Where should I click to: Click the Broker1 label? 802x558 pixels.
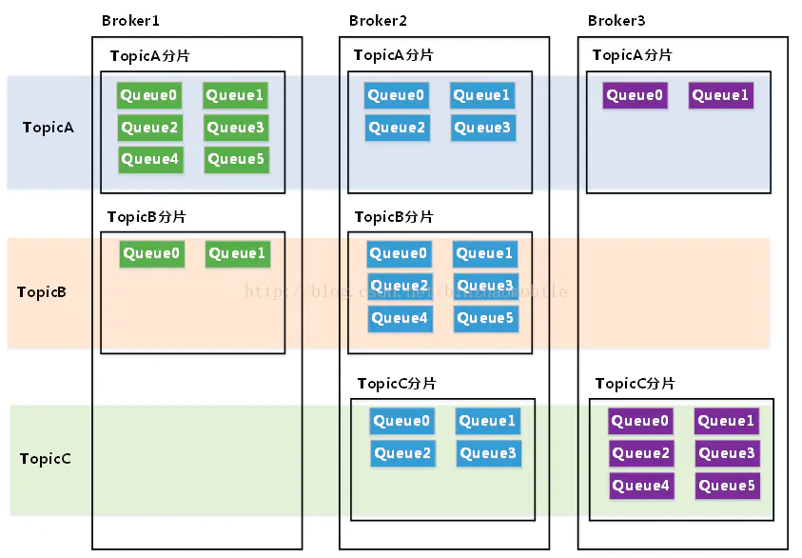tap(129, 21)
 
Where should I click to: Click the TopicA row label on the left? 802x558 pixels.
tap(49, 128)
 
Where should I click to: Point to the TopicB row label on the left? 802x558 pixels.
tap(42, 292)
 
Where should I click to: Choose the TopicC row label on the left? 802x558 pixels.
tap(46, 459)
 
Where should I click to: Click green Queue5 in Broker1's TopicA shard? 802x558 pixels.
tap(235, 159)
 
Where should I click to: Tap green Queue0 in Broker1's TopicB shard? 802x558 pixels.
tap(151, 253)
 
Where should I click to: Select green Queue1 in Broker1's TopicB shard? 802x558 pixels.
tap(237, 253)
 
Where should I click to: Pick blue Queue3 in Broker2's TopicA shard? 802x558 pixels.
tap(482, 128)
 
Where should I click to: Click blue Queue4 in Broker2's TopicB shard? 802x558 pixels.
tap(399, 318)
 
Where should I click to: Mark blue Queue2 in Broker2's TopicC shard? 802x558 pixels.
tap(401, 453)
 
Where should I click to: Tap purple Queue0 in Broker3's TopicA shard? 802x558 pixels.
tap(635, 95)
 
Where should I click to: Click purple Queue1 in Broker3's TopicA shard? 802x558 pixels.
tap(720, 95)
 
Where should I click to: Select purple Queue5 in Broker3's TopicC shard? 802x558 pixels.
tap(727, 486)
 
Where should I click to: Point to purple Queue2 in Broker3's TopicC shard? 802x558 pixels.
tap(640, 453)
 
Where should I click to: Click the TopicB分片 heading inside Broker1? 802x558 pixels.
tap(147, 217)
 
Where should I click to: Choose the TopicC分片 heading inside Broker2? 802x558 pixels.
tap(397, 384)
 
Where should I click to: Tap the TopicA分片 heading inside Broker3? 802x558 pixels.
tap(632, 55)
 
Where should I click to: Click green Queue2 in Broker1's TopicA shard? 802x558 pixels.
tap(149, 128)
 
